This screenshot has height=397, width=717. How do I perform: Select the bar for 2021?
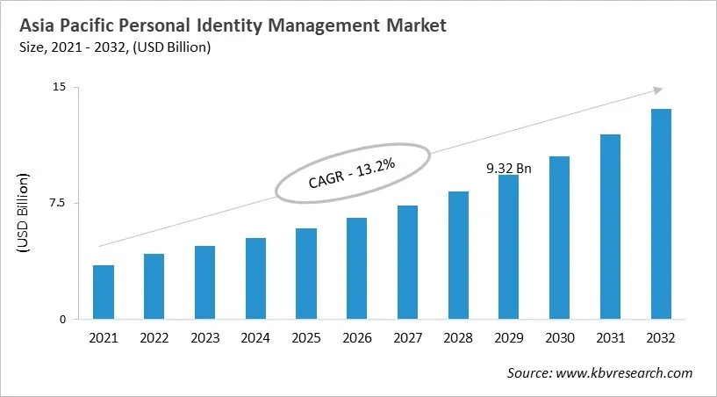(x=104, y=292)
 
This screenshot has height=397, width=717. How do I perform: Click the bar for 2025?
(x=306, y=273)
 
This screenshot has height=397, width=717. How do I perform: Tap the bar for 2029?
(x=509, y=247)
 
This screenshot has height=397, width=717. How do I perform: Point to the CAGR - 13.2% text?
(x=352, y=173)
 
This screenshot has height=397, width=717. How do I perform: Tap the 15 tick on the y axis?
(x=59, y=87)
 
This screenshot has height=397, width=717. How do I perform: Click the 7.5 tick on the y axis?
(x=56, y=203)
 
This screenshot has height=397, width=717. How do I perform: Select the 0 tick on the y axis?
(x=62, y=320)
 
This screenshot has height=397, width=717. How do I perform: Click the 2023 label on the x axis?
(x=204, y=338)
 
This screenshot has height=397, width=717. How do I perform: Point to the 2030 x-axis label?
(x=559, y=338)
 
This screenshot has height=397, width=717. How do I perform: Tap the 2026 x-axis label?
(x=356, y=338)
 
